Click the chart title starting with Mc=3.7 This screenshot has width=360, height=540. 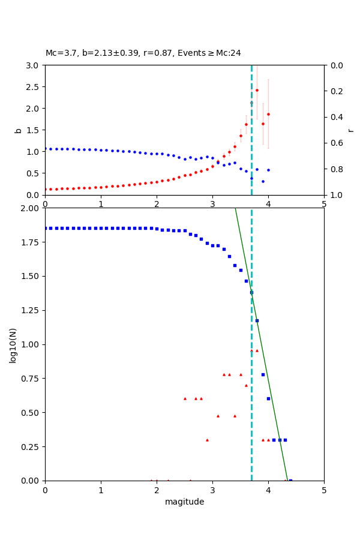143,53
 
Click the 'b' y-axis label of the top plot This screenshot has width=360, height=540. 18,130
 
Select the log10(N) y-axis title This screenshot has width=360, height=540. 13,344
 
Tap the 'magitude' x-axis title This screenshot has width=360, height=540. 184,502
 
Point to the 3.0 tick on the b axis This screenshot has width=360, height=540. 34,65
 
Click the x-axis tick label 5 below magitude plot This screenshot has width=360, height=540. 324,490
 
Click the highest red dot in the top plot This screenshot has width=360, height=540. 257,90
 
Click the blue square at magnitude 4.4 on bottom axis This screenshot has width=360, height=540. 290,481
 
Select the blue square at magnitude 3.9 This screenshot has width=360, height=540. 263,374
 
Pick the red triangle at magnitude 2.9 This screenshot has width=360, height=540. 207,440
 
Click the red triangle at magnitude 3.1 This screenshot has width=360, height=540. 218,416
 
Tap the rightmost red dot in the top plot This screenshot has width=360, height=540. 268,114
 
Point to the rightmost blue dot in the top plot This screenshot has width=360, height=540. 268,170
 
